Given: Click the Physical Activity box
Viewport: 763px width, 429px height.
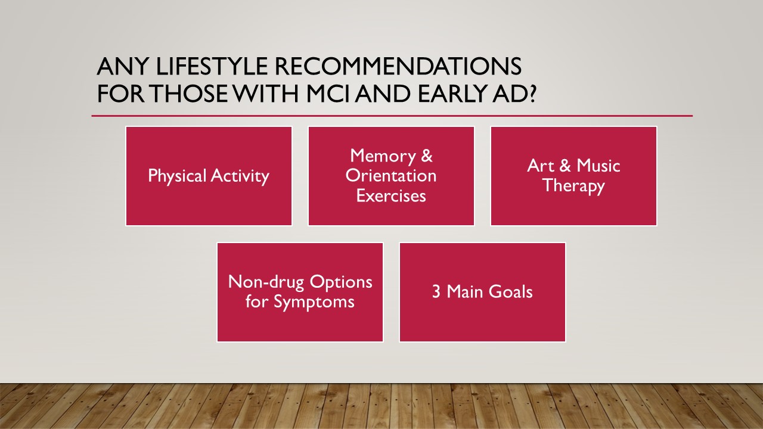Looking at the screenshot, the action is click(x=209, y=176).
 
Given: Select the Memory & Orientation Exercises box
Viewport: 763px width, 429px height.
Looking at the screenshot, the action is click(x=391, y=176).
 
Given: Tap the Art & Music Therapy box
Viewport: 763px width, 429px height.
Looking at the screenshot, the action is click(x=573, y=176).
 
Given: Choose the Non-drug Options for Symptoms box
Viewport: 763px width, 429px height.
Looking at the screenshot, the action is click(x=300, y=292).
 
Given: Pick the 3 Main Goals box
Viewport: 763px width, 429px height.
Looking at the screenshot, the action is click(x=482, y=292).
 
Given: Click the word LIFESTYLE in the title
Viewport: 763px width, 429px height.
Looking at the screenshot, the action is click(x=212, y=66).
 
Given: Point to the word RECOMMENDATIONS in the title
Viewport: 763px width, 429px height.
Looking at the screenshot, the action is click(x=398, y=66).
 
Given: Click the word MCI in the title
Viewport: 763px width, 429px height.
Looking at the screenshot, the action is click(x=328, y=94).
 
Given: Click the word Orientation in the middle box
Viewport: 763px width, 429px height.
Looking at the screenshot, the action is click(x=391, y=176).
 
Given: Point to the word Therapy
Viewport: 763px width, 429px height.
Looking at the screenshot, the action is click(x=573, y=186).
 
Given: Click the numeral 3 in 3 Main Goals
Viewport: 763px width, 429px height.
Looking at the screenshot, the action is click(x=436, y=292).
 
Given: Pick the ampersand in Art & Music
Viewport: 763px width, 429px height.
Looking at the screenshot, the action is click(x=565, y=166).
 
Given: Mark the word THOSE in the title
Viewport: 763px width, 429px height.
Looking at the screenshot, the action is click(x=188, y=94).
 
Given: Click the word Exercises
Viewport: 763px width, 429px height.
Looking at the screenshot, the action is click(x=391, y=196).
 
